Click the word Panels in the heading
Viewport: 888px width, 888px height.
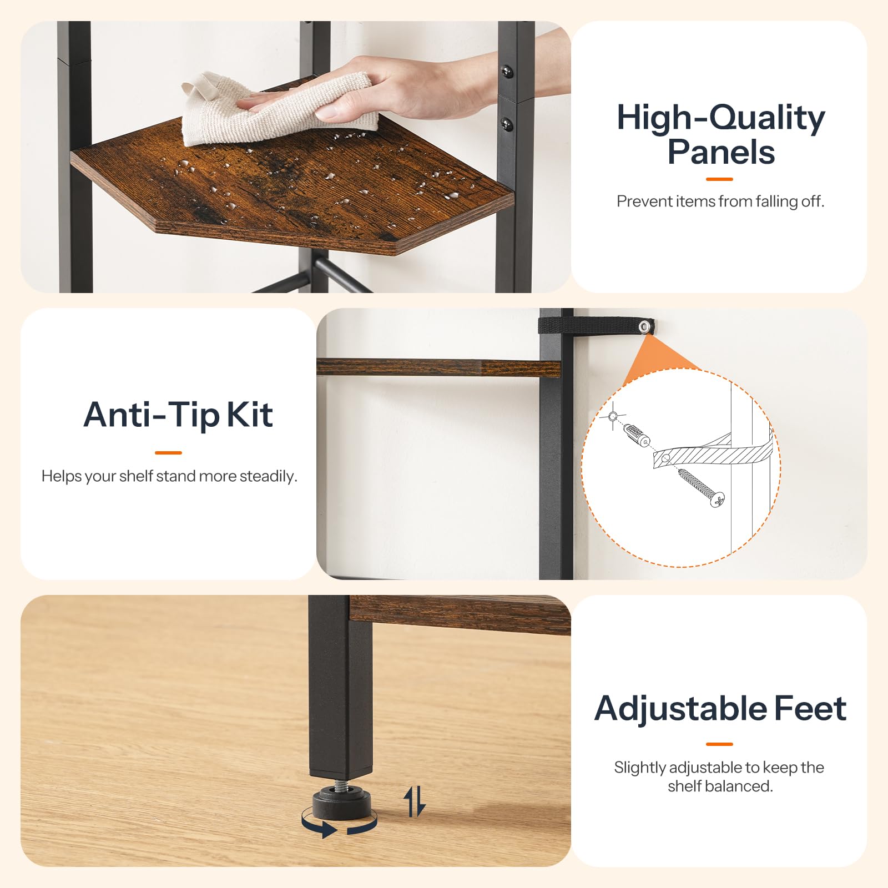coord(721,152)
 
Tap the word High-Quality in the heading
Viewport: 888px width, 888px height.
coord(721,118)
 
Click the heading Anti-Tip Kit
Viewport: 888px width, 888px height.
coord(178,415)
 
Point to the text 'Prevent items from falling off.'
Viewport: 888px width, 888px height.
coord(720,201)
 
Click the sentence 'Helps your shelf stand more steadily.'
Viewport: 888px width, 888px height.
coord(169,476)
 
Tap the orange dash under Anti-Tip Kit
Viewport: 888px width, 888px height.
coord(169,453)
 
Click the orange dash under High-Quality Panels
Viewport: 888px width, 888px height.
coord(719,179)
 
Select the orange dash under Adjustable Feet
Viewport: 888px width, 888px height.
coord(720,744)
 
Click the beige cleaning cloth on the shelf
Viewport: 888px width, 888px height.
coord(277,108)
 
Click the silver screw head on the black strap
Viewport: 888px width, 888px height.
coord(644,327)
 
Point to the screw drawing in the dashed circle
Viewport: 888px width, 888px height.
coord(701,487)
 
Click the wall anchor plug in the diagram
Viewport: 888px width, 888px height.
coord(637,435)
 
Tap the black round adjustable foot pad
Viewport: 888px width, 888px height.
coord(342,803)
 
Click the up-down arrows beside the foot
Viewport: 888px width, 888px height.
coord(414,801)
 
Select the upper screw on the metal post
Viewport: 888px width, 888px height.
coord(506,71)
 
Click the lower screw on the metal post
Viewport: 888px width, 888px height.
coord(506,124)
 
